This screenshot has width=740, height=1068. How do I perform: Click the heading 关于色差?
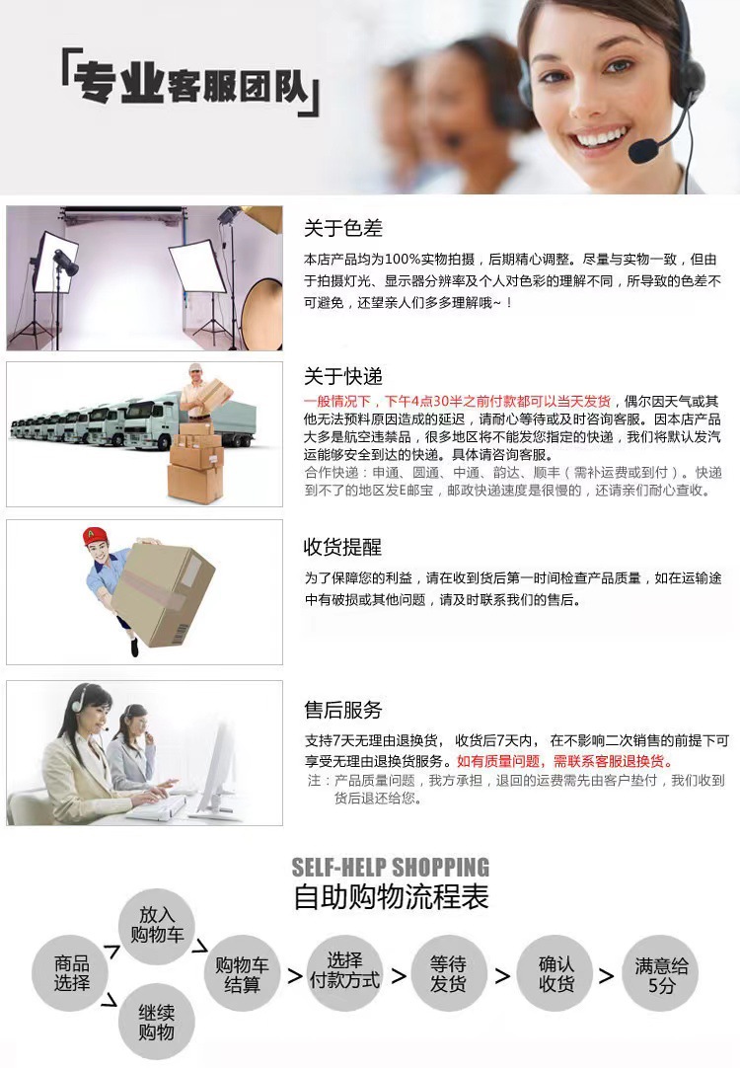coord(342,228)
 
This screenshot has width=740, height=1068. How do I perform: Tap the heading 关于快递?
coord(342,376)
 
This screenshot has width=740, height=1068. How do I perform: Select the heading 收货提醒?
coord(342,547)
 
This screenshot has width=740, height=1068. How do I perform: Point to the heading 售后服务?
coord(342,710)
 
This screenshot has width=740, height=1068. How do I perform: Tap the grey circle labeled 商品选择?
coord(72,974)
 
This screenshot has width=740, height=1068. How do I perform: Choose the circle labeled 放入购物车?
coord(156,924)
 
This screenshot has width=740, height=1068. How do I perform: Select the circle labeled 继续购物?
coord(156,1022)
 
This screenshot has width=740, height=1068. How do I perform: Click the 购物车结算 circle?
coord(242,974)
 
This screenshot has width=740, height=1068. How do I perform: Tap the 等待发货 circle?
coord(447,974)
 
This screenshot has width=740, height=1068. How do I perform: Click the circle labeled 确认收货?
coord(556,974)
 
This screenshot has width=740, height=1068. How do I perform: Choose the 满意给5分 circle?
coord(661,974)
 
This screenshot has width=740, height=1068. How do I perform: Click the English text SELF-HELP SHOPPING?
coord(391,869)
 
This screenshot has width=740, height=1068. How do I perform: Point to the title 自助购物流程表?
coord(391,897)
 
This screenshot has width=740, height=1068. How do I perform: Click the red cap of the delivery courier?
coord(95,536)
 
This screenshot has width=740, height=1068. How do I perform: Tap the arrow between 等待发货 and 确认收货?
coord(502,976)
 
